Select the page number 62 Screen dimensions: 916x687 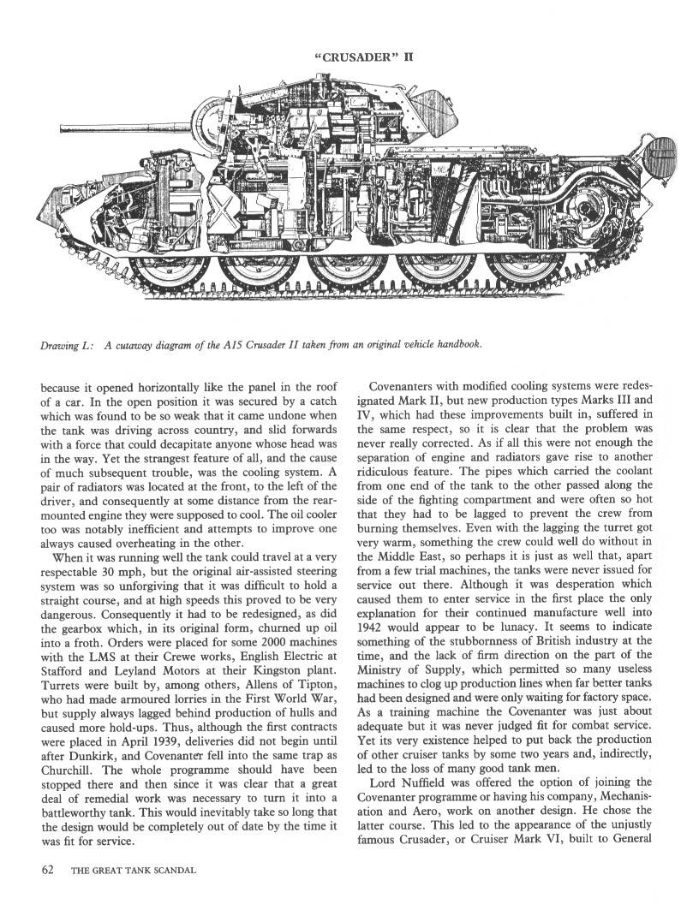[48, 871]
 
